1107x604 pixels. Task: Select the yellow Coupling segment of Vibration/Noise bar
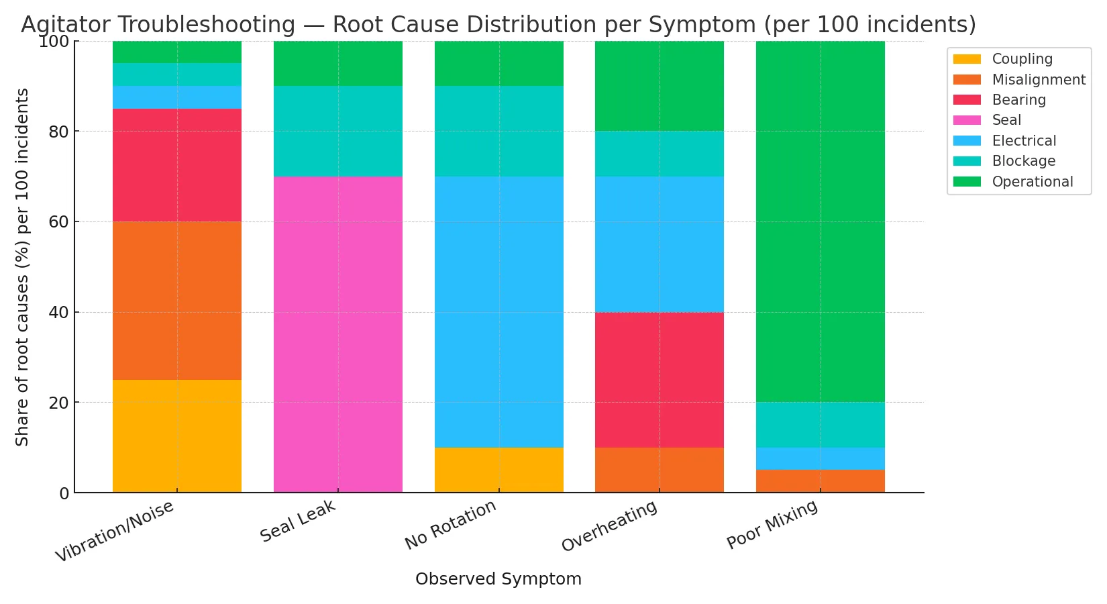click(x=176, y=436)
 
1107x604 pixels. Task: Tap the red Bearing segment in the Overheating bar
click(x=659, y=380)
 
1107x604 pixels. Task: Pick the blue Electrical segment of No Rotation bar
click(x=498, y=311)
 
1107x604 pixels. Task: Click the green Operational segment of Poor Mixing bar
click(x=820, y=221)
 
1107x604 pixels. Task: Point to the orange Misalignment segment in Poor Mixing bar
click(x=820, y=481)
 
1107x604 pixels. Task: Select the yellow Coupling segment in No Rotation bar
click(x=498, y=470)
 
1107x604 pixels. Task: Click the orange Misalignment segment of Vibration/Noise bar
click(x=176, y=301)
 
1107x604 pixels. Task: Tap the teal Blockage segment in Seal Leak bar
click(x=337, y=131)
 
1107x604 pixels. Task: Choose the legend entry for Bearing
click(x=1018, y=100)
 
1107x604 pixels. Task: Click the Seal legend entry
click(x=1006, y=120)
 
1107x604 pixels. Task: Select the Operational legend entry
click(x=1032, y=182)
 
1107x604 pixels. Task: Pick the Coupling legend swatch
click(x=967, y=59)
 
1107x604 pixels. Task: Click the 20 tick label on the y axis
click(x=60, y=403)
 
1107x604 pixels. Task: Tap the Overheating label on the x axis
click(x=609, y=527)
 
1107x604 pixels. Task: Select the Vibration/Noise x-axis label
click(x=115, y=532)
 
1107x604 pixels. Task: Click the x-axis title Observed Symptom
click(x=498, y=579)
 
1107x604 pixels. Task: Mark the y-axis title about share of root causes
click(x=22, y=267)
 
